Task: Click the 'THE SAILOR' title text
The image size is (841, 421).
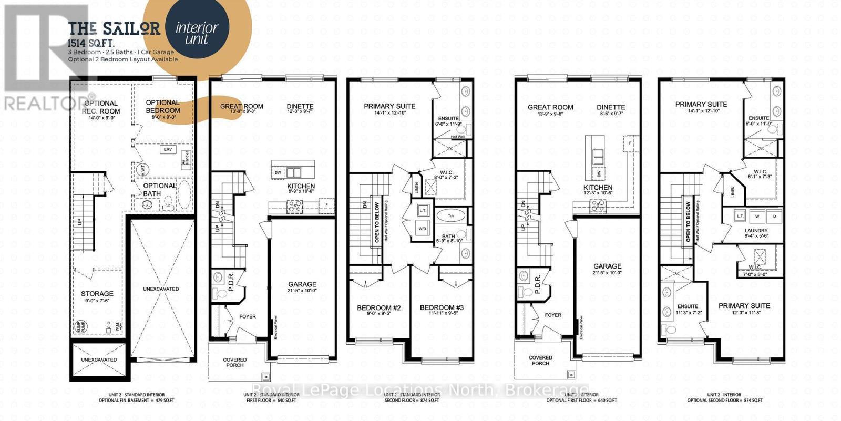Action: point(114,28)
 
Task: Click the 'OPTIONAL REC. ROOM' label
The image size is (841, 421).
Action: point(101,107)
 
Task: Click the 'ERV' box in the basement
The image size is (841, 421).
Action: point(168,150)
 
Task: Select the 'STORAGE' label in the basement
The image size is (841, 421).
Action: point(97,294)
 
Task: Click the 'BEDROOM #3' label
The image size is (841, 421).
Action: point(442,307)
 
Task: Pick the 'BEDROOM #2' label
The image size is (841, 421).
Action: point(378,307)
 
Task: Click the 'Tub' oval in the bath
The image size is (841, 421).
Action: point(451,215)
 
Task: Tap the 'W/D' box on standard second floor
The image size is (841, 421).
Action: point(422,229)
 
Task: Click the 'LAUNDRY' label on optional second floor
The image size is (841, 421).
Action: point(756,231)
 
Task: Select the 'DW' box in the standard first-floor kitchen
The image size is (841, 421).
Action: point(278,173)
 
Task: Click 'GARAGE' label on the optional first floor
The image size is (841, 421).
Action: point(607,266)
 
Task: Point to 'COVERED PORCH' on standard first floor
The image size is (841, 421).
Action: point(234,363)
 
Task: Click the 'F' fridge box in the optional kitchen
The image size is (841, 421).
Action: point(630,143)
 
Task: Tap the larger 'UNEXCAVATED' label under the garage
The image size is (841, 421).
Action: point(161,289)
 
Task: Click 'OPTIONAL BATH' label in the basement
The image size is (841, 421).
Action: point(160,189)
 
